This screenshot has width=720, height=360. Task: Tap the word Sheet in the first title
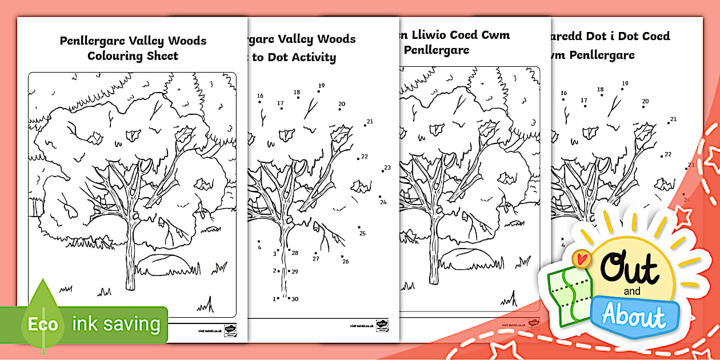click(163, 56)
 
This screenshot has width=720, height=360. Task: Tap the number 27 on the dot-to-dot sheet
click(315, 258)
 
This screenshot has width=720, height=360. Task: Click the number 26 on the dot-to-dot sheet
click(345, 261)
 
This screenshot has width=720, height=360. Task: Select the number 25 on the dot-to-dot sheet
click(362, 233)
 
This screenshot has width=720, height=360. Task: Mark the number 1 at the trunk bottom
click(274, 299)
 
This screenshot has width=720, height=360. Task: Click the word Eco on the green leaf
click(43, 325)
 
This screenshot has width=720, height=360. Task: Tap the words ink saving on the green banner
click(116, 324)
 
